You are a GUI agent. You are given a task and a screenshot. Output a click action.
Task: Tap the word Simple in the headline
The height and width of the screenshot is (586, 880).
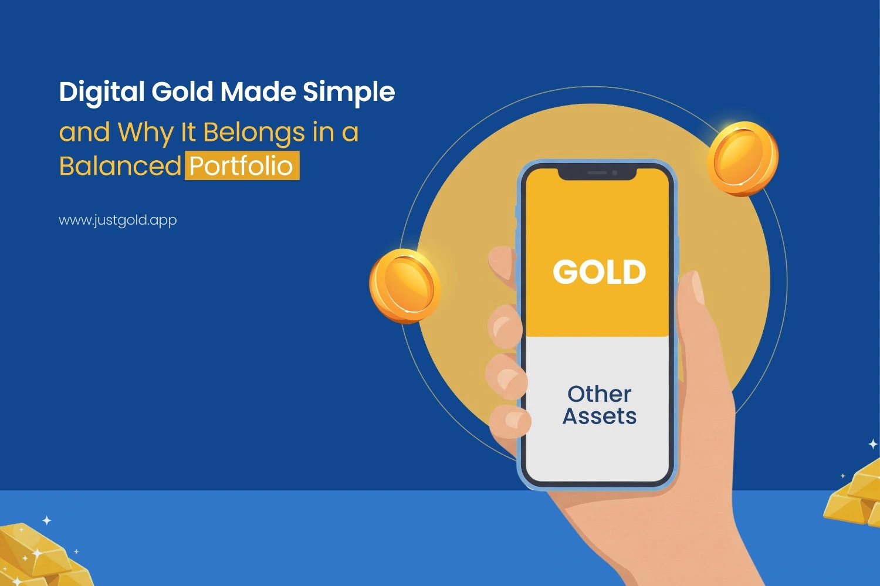pyautogui.click(x=348, y=93)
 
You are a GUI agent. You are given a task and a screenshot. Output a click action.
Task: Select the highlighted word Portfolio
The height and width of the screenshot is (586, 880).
pyautogui.click(x=242, y=166)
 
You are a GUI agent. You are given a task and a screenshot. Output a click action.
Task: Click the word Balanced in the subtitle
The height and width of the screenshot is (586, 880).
pyautogui.click(x=120, y=166)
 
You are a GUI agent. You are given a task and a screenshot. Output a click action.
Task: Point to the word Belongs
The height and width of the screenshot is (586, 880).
pyautogui.click(x=254, y=133)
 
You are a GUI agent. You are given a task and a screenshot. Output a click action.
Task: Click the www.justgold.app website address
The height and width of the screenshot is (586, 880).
pyautogui.click(x=118, y=221)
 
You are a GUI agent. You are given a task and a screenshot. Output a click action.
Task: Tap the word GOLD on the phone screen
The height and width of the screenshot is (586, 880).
pyautogui.click(x=599, y=272)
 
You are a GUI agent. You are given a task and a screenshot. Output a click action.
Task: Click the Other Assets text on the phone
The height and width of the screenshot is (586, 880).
pyautogui.click(x=599, y=405)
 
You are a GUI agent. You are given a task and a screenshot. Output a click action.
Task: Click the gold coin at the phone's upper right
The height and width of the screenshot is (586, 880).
pyautogui.click(x=743, y=158)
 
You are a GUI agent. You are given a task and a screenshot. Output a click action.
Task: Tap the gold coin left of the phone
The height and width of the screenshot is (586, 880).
pyautogui.click(x=405, y=286)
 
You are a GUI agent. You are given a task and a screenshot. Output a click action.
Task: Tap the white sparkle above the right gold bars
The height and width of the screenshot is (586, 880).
pyautogui.click(x=873, y=444)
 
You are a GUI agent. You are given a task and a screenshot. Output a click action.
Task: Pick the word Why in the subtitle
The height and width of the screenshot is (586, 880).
pyautogui.click(x=145, y=133)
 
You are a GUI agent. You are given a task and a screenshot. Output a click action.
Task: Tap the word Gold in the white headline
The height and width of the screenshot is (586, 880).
pyautogui.click(x=182, y=93)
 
